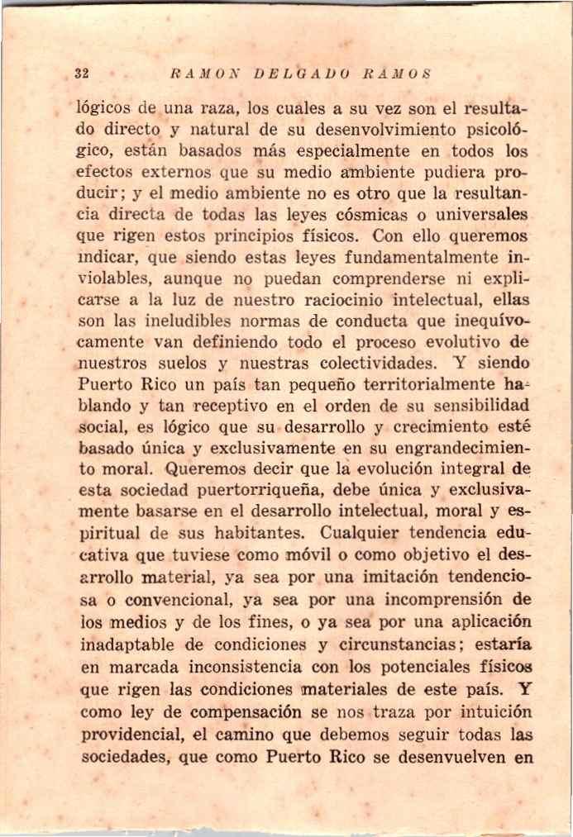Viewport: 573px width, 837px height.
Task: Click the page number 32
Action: click(81, 73)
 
